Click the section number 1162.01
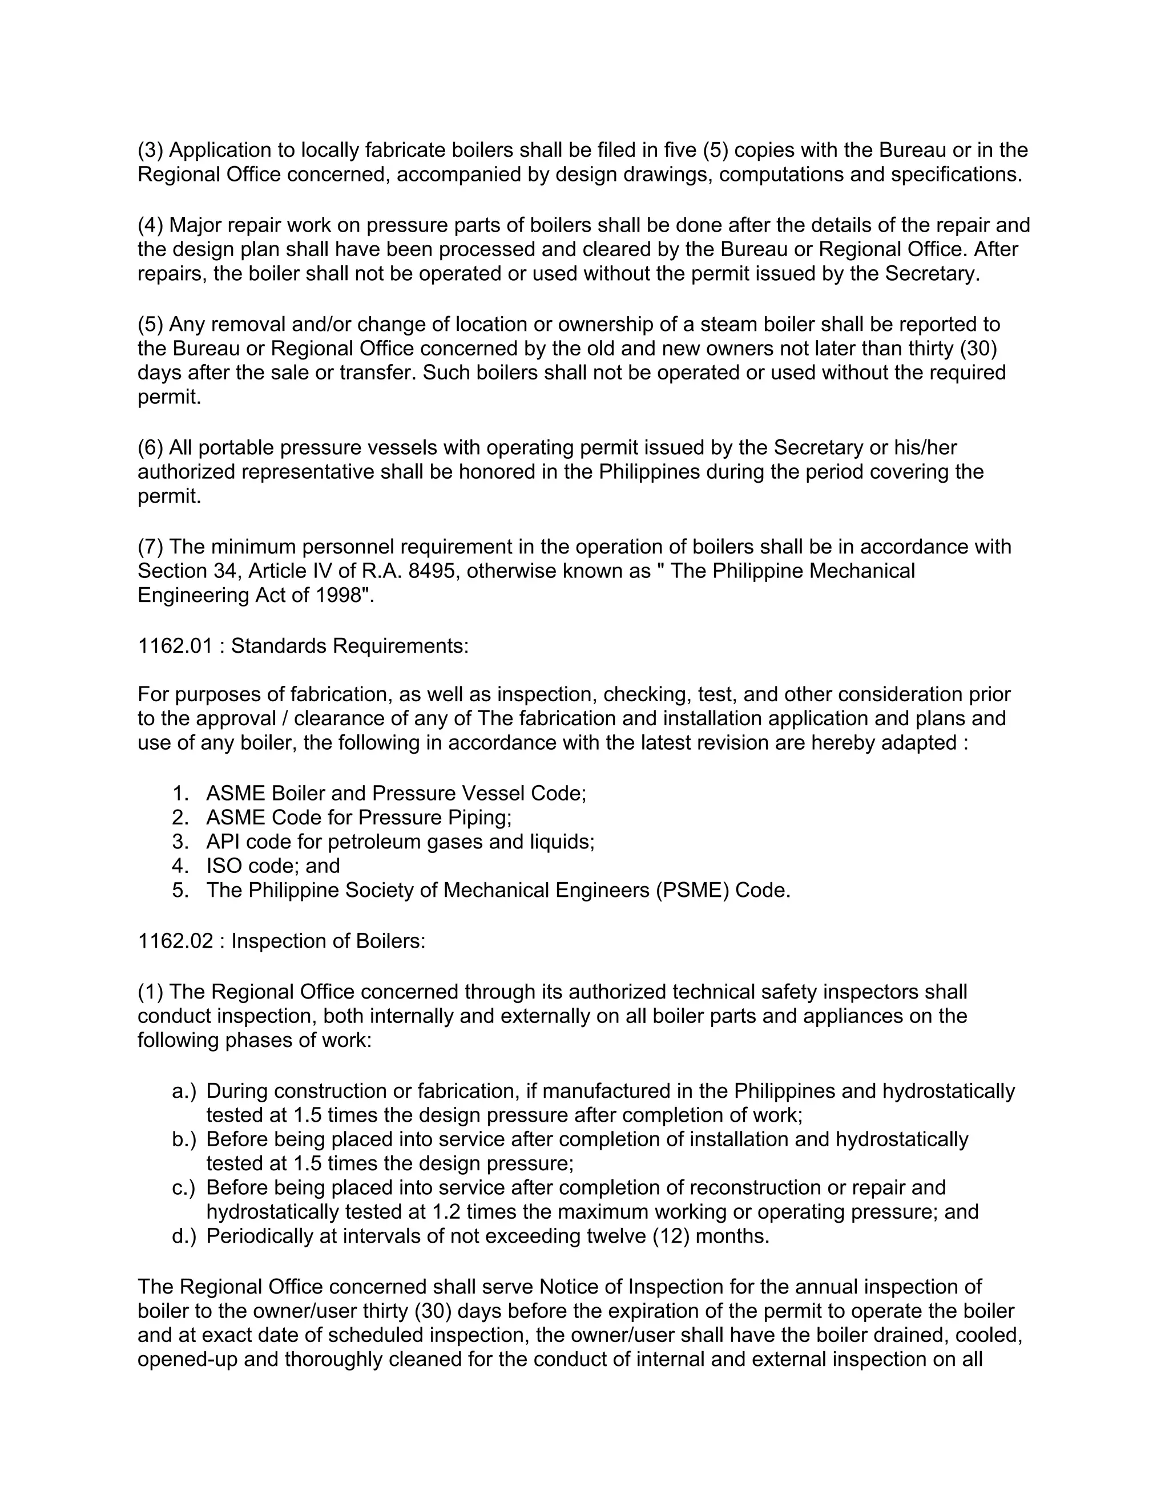175,646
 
